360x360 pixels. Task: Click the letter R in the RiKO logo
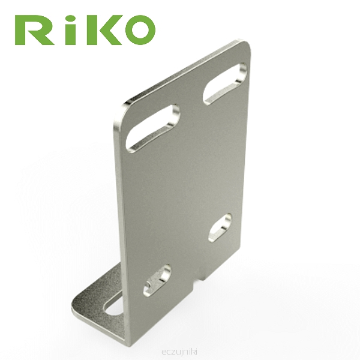tap(34, 30)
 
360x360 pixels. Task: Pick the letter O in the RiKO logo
tap(140, 29)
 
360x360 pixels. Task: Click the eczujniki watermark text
tap(179, 352)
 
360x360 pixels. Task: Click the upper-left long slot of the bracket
tap(152, 128)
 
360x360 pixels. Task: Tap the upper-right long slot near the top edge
tap(225, 83)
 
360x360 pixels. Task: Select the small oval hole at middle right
tap(220, 228)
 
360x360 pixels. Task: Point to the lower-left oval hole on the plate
tap(157, 280)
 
